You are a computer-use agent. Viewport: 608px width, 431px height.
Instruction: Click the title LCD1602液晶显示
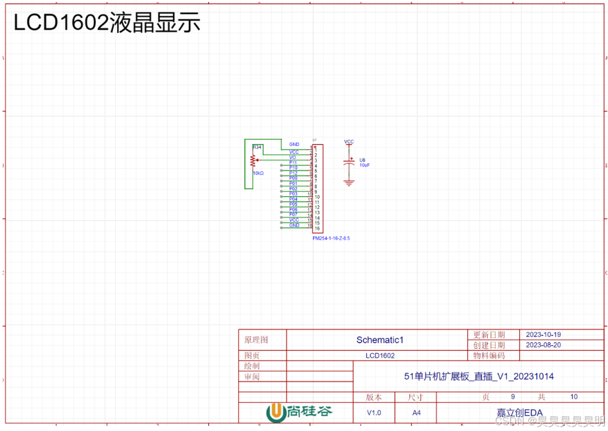tap(107, 23)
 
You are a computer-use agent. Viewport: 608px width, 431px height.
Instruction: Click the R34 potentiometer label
tap(257, 147)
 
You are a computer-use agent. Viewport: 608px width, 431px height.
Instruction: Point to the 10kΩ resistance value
tap(258, 173)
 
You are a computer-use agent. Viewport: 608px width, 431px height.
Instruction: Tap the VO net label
tap(292, 158)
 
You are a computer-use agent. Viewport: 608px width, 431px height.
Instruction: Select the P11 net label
tap(293, 163)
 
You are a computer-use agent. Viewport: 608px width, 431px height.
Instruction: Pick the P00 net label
tap(293, 178)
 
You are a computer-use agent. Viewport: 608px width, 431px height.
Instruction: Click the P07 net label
tap(293, 214)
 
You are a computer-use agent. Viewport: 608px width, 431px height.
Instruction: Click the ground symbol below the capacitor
tap(349, 183)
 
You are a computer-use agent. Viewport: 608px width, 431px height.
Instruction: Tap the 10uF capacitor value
tap(364, 165)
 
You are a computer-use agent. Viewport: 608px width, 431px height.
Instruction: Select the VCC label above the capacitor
tap(349, 142)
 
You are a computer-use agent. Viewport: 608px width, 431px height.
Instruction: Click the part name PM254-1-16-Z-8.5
tap(331, 238)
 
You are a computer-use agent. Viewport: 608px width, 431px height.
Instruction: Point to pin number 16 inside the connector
tap(317, 228)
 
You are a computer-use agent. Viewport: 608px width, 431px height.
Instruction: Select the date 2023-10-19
tap(543, 335)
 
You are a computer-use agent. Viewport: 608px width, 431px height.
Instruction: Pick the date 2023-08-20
tap(543, 345)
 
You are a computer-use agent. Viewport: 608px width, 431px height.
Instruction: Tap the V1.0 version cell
tap(373, 412)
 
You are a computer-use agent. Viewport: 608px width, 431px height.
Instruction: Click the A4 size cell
tap(416, 412)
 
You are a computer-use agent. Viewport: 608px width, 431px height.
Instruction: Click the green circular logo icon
tap(275, 412)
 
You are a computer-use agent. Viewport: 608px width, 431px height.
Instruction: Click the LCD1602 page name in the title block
tap(380, 355)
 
